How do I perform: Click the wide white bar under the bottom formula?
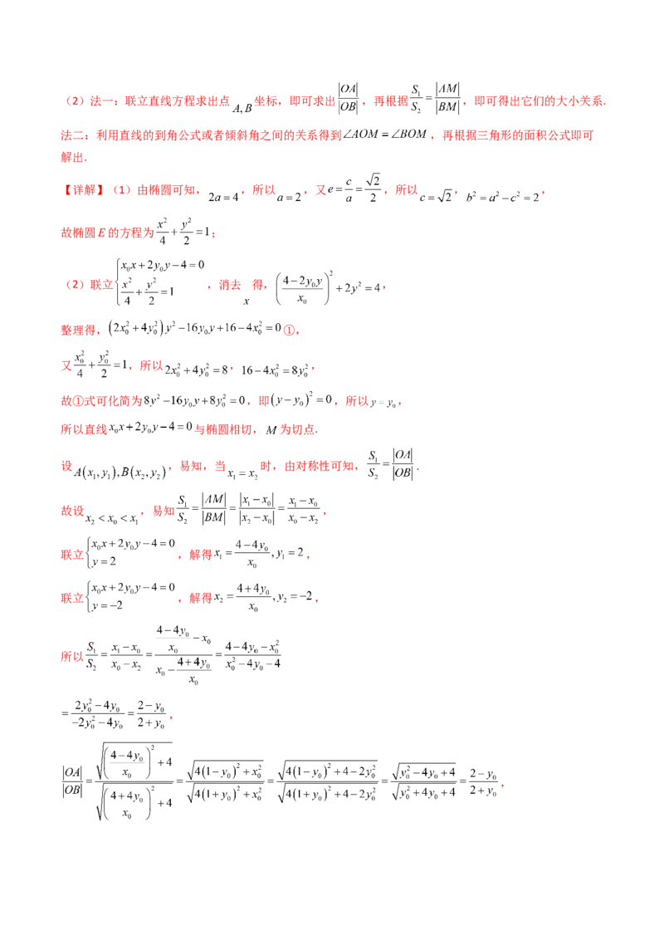tap(123, 805)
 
